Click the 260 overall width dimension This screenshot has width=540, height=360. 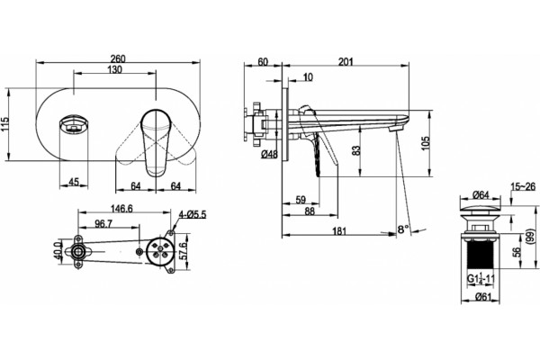coord(118,58)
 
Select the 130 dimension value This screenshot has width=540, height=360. coord(114,69)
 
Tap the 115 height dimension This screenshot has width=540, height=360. coord(4,125)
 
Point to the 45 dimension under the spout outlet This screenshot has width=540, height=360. coord(74,182)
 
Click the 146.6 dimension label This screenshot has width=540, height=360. coord(121,209)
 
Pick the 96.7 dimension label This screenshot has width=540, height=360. coord(103,224)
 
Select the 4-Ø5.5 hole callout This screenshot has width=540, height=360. coord(193,215)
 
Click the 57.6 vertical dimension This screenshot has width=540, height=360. coord(184,251)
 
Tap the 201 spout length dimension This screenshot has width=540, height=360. coord(346,62)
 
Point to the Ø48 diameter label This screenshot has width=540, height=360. coord(269,154)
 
